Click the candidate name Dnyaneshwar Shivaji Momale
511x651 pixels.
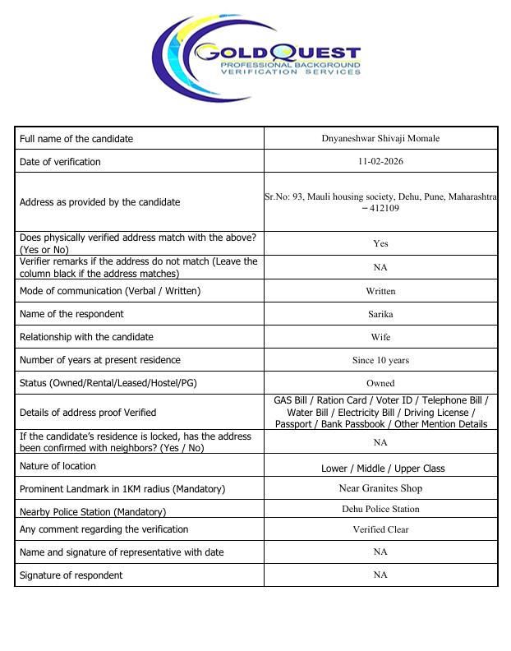point(380,138)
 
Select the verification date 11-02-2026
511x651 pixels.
point(380,161)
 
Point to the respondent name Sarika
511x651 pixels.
point(380,314)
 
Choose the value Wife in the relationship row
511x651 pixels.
point(380,337)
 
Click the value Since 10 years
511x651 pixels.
point(380,360)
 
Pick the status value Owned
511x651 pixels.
point(380,383)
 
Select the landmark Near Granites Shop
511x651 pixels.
point(380,488)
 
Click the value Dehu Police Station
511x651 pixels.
point(380,509)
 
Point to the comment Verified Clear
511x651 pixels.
point(380,529)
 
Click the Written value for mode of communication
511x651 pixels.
point(380,291)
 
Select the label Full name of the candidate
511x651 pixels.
point(76,139)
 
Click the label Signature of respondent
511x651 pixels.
point(71,575)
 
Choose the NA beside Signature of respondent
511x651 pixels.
point(380,575)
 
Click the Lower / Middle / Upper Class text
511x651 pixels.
point(383,469)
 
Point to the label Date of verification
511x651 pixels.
point(60,162)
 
